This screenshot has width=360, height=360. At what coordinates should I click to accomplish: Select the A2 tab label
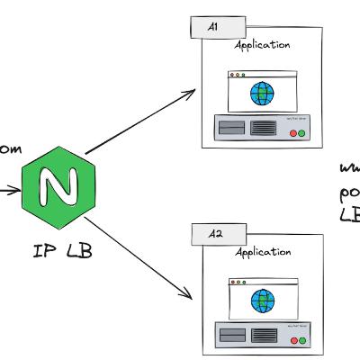215,234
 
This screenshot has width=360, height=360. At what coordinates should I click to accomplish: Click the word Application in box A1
262,44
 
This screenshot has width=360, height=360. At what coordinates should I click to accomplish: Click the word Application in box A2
262,253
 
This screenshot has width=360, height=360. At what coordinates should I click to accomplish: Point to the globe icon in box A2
262,299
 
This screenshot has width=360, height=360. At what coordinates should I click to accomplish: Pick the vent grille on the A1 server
264,130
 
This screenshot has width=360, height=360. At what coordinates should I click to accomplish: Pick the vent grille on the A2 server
264,337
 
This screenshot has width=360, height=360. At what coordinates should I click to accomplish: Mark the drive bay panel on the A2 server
232,337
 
